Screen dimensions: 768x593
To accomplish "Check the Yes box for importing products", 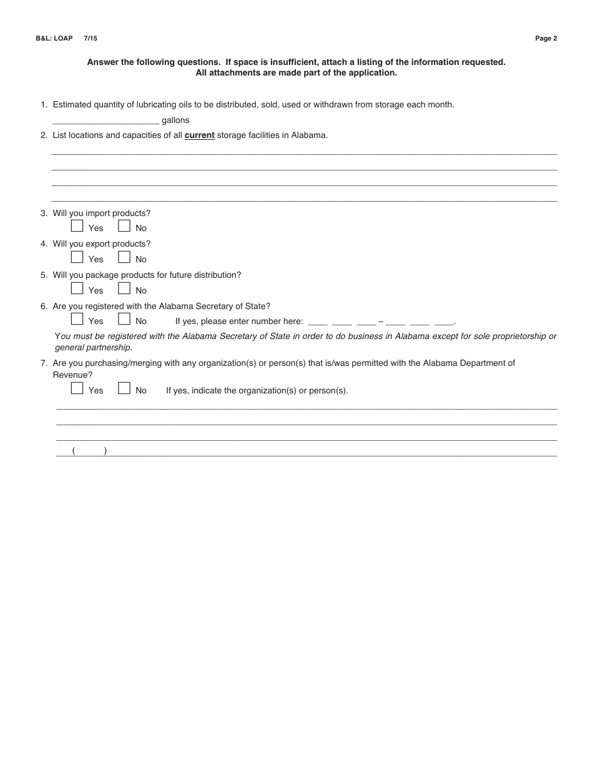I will tap(77, 226).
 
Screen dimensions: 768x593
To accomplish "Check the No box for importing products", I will tap(124, 226).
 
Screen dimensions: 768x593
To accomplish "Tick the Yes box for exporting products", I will tap(77, 257).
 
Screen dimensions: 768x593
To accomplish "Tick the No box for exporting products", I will tap(124, 257).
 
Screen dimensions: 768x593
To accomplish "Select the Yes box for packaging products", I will tap(77, 288).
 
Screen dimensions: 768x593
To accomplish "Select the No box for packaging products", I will tap(124, 288).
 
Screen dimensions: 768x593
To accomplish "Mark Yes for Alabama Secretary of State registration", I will tap(77, 319).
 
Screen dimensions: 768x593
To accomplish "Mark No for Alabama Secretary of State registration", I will tap(124, 319).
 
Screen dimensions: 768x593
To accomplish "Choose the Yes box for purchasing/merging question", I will tap(77, 388).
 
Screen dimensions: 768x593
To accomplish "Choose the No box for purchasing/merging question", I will tap(124, 388).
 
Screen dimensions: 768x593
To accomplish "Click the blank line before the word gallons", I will tap(106, 121).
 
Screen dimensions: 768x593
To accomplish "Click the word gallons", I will tap(175, 121).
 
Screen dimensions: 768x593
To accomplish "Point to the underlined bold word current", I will tap(199, 135).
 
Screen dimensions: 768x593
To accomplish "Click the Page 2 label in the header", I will tap(546, 39).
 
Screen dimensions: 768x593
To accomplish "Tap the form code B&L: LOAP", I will tap(54, 39).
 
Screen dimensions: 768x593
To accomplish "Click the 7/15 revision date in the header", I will tap(91, 39).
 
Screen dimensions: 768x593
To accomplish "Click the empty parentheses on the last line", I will tap(89, 451).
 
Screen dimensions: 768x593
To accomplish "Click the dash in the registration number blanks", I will tap(381, 322).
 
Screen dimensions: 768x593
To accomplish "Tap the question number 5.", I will tap(44, 275).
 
